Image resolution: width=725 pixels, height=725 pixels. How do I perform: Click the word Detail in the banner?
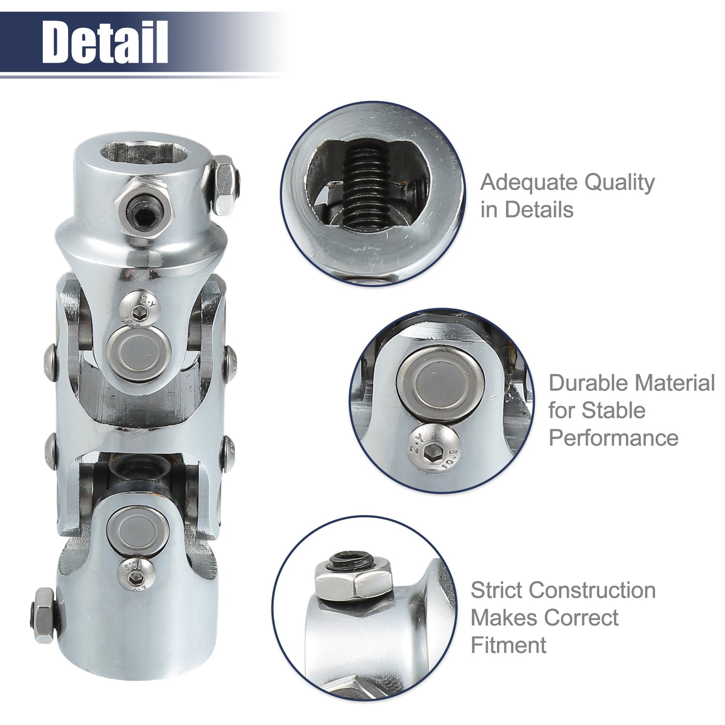(105, 42)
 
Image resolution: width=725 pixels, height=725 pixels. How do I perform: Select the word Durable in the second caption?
(583, 383)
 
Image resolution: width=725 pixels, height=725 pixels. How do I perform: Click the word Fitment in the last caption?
(509, 645)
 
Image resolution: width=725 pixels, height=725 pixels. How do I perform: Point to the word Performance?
(613, 438)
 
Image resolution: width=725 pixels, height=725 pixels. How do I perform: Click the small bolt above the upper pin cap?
(139, 311)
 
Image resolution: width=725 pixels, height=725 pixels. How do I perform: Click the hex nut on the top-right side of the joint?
(225, 185)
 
